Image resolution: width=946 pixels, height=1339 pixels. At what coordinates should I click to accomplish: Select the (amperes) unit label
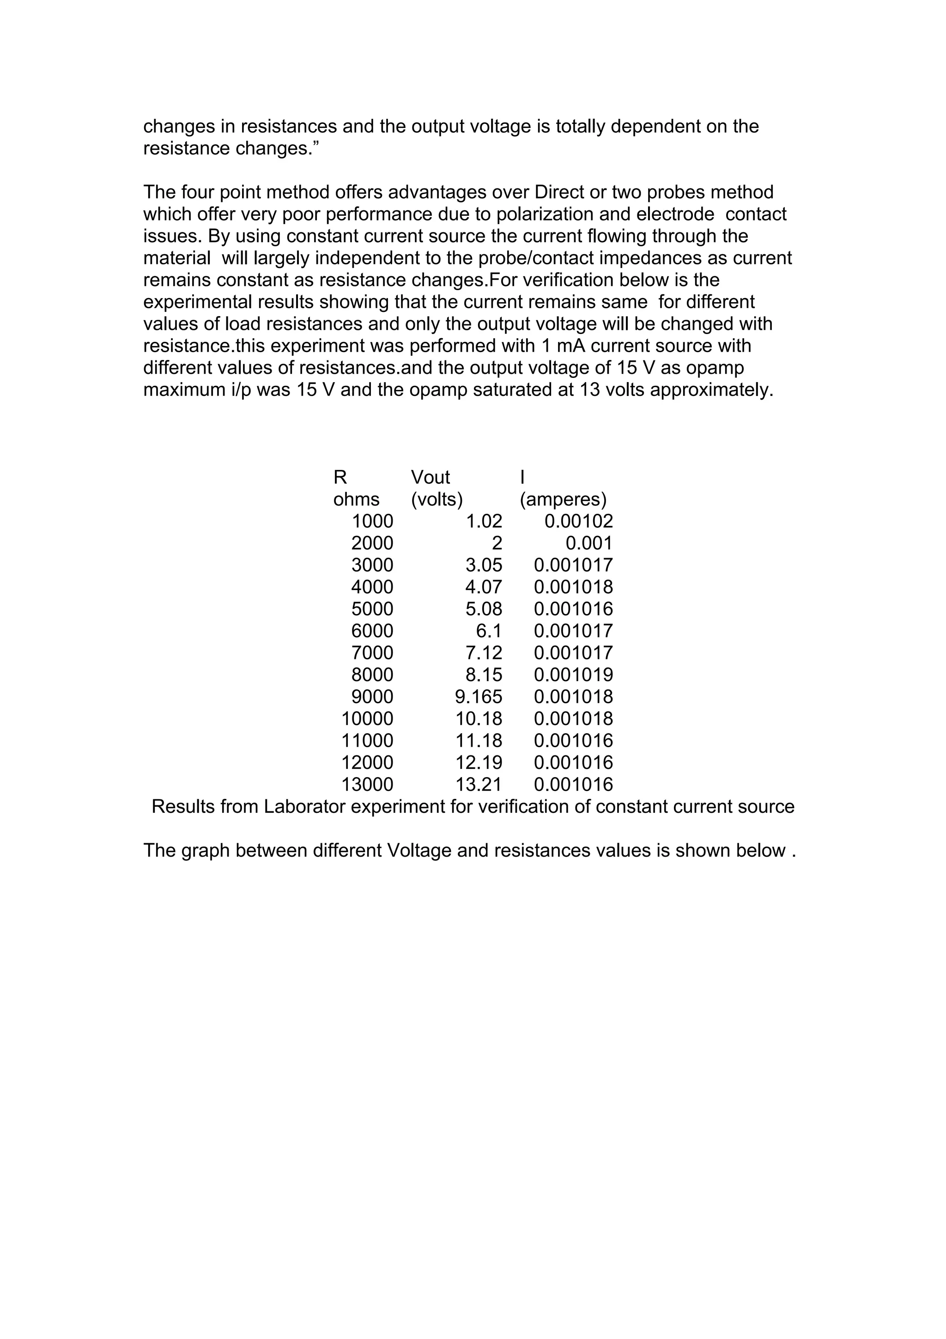click(x=563, y=500)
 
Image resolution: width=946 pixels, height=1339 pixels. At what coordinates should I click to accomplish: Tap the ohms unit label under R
click(x=356, y=500)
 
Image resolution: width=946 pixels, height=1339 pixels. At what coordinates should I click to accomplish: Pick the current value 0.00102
click(x=578, y=521)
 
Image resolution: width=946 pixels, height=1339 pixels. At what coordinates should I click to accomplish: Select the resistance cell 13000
click(x=367, y=785)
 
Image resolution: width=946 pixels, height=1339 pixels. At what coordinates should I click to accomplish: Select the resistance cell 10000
click(x=367, y=718)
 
